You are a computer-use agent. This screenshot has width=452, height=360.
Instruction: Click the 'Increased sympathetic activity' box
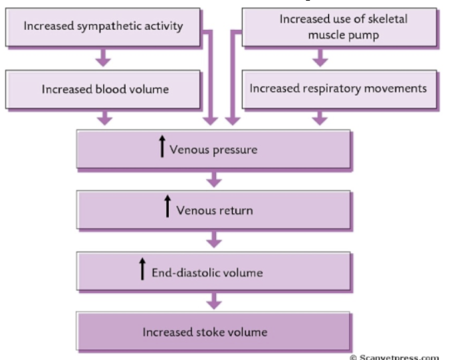pyautogui.click(x=102, y=27)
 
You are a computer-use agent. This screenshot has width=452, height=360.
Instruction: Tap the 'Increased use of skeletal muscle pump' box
pyautogui.click(x=340, y=26)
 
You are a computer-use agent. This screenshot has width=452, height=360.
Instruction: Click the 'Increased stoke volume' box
pyautogui.click(x=213, y=331)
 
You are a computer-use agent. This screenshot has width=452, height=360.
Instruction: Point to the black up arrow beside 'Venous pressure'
pyautogui.click(x=162, y=146)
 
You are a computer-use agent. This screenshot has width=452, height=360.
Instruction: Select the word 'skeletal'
pyautogui.click(x=373, y=19)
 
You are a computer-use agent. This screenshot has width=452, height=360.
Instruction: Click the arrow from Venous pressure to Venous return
pyautogui.click(x=213, y=179)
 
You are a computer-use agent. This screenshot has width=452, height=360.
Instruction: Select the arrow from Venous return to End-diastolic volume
pyautogui.click(x=213, y=240)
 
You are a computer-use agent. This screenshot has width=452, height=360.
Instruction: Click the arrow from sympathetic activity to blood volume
pyautogui.click(x=103, y=58)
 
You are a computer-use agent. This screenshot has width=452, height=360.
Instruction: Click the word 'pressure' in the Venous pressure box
pyautogui.click(x=235, y=149)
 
